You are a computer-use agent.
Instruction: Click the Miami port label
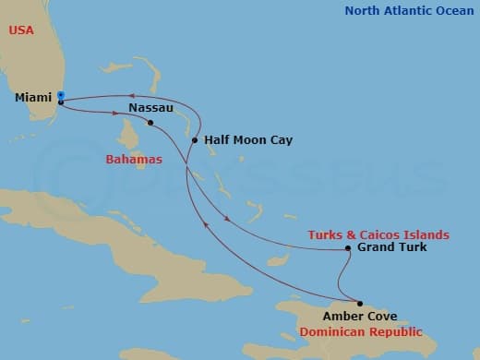coord(33,97)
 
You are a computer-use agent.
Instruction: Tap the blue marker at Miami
coord(60,94)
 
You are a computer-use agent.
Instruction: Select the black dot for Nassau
coord(150,122)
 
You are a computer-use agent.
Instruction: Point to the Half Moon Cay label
coord(247,140)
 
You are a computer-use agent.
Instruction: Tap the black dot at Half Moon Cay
coord(195,141)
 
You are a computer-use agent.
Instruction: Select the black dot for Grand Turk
coord(347,248)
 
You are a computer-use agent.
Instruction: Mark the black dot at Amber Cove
coord(360,304)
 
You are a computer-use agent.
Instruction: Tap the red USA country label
coord(22,30)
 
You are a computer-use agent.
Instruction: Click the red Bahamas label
coord(134,160)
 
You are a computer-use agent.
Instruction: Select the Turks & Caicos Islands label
coord(378,234)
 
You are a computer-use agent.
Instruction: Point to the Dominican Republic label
coord(366,331)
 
